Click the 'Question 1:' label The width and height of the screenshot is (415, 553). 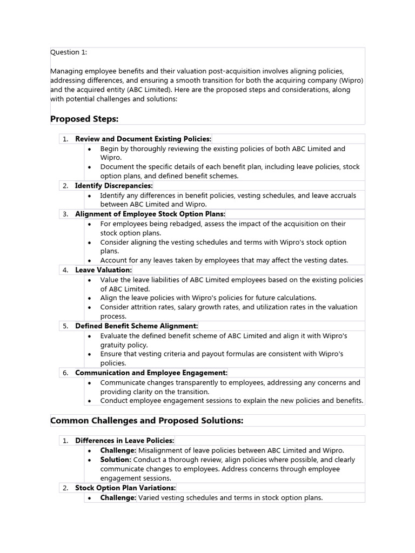tap(69, 52)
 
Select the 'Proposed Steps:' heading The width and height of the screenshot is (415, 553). tap(84, 119)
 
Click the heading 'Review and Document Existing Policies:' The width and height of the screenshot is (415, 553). tap(143, 139)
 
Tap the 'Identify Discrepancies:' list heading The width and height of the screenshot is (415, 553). tap(114, 186)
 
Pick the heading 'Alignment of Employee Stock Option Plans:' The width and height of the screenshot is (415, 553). tap(150, 214)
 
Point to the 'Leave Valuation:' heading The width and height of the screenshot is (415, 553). tap(103, 269)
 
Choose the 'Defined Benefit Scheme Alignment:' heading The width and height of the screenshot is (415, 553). tap(137, 326)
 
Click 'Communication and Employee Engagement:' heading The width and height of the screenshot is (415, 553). tap(151, 373)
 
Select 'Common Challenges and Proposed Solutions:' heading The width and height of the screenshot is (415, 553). tap(147, 420)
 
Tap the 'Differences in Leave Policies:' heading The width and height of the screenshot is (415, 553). tap(125, 441)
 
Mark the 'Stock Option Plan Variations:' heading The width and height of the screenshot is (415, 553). tap(125, 488)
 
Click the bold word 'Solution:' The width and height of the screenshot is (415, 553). tap(116, 460)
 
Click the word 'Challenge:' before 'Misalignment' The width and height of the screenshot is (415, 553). tap(118, 450)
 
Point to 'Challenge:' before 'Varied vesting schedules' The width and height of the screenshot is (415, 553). tap(118, 497)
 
